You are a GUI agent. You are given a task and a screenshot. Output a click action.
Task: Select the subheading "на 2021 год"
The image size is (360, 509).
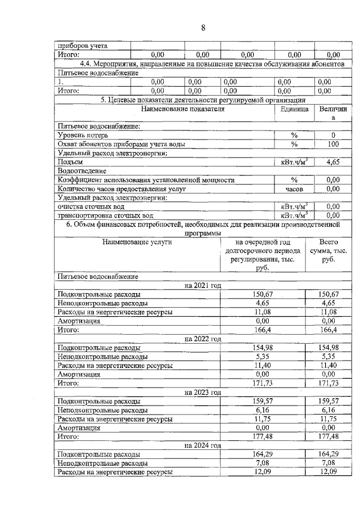pos(202,286)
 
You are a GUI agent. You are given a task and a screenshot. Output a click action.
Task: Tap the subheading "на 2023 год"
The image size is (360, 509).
pos(202,392)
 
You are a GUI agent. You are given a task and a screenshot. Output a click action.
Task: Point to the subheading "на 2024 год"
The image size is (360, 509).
pos(202,445)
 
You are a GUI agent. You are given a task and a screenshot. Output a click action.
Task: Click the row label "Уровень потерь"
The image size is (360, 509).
pos(83,135)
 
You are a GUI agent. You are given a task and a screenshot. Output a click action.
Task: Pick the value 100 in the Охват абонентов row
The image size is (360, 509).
pos(333,144)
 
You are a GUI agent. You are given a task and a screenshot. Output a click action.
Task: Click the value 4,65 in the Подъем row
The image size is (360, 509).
pos(333,162)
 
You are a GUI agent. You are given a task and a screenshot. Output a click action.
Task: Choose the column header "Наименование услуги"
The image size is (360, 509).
pos(137,242)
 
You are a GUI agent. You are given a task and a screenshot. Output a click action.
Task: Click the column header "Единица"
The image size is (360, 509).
pos(294,109)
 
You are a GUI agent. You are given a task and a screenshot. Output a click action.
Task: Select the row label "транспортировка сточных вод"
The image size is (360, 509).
pos(105,215)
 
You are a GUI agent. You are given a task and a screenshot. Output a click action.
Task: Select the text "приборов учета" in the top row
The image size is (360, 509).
pos(83,46)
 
